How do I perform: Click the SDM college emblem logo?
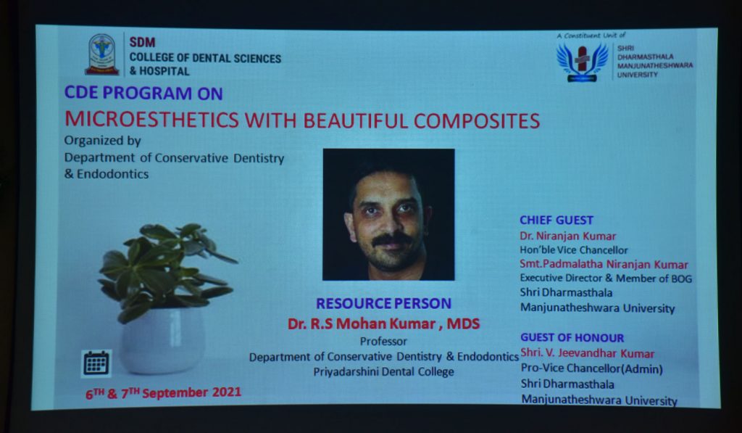coord(101,54)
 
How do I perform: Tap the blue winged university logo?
coord(582,62)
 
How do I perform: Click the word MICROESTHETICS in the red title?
coord(152,120)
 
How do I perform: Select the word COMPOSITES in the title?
coord(477,121)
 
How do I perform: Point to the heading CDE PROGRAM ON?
coord(143,93)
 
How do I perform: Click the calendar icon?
coord(96,363)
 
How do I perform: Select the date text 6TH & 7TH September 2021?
coord(163,392)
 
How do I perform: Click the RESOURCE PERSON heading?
coord(384,303)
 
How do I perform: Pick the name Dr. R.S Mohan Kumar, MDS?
coord(384,323)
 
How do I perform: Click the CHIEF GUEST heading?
coord(556,220)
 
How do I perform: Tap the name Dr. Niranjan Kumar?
coord(568,236)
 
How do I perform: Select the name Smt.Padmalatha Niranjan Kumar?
coord(604,264)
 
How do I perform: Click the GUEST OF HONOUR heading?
coord(572,338)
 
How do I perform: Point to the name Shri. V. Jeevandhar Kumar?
coord(587,353)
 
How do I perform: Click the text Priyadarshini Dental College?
coord(384,372)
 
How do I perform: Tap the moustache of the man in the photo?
coord(391,240)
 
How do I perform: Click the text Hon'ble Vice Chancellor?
coord(574,250)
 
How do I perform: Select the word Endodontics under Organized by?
coord(112,174)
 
